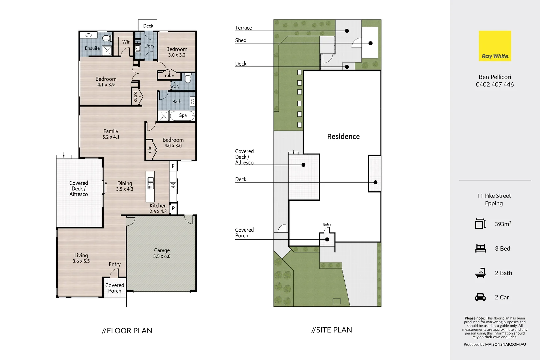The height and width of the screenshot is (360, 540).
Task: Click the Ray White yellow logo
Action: [495, 46]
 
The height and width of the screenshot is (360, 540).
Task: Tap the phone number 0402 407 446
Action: [495, 85]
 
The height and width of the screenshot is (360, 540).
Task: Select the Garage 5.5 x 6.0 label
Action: [162, 253]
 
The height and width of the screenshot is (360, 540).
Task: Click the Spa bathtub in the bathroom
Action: [182, 116]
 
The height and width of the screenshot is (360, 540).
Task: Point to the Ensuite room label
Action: [92, 48]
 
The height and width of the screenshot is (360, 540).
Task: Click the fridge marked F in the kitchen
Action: [173, 166]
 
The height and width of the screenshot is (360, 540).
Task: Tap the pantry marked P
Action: [173, 208]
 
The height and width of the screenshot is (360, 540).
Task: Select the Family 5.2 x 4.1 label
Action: [111, 134]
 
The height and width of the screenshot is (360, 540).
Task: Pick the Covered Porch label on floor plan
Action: [115, 288]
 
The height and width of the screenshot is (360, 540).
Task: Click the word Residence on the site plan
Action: [343, 137]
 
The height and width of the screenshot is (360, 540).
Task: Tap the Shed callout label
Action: [241, 40]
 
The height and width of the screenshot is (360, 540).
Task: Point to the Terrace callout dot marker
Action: [347, 31]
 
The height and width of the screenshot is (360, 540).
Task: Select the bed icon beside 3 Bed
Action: [480, 249]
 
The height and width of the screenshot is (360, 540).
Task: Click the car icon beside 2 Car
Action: [480, 297]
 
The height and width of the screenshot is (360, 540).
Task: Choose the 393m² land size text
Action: [503, 224]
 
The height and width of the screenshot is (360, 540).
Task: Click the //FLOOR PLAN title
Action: [127, 331]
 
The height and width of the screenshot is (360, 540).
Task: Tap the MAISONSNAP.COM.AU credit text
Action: [505, 345]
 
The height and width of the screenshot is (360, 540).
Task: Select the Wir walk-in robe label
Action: [126, 42]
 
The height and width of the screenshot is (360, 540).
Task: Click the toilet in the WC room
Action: [188, 79]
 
